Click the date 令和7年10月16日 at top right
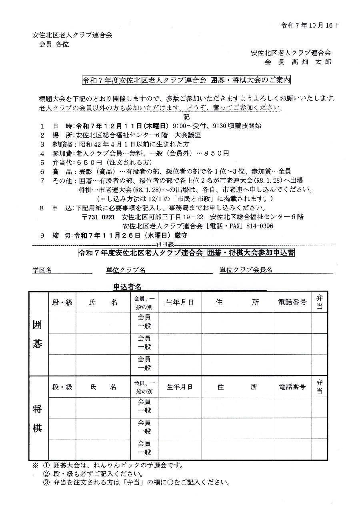tap(310, 25)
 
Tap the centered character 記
tap(186, 116)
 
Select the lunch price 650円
tap(86, 162)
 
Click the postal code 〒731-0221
tap(98, 217)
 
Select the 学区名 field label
tap(42, 270)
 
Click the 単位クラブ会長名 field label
tap(246, 270)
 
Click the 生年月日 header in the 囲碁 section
tap(180, 302)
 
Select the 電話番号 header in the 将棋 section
tap(292, 387)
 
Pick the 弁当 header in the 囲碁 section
tap(320, 302)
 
